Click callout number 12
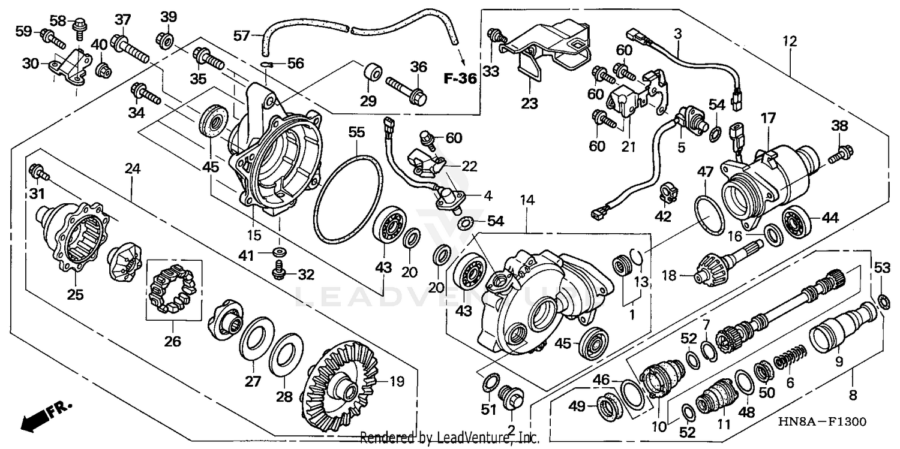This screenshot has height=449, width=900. coord(790,42)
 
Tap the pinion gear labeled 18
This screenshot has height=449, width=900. coord(717,268)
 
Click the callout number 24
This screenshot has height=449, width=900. coord(133,170)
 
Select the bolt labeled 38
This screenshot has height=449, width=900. coord(838,156)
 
